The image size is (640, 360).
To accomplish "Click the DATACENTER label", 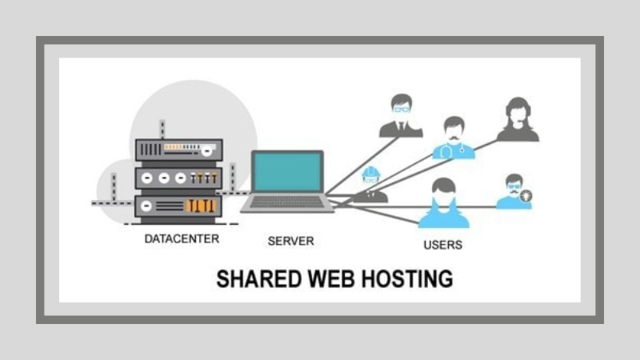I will [x=182, y=238].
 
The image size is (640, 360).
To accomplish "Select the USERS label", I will [x=442, y=244].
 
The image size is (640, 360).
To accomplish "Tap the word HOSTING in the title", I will [x=411, y=279].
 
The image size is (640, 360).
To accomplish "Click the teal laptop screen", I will [x=287, y=172].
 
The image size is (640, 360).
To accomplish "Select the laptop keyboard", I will [x=287, y=202].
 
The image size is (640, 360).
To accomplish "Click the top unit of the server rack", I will [x=178, y=149].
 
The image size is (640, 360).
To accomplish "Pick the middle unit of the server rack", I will [x=178, y=178].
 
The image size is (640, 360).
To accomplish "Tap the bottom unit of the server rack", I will [x=178, y=206].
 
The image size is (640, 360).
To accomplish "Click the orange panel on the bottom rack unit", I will [x=200, y=206].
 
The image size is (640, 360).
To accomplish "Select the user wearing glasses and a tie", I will [x=401, y=117].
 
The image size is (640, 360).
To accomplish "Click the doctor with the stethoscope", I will [x=454, y=138].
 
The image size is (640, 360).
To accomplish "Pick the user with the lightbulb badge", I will [x=513, y=192].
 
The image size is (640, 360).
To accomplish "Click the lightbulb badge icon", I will [x=526, y=195].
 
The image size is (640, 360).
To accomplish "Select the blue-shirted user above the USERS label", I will [x=442, y=203].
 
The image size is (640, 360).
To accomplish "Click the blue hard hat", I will [x=370, y=172].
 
